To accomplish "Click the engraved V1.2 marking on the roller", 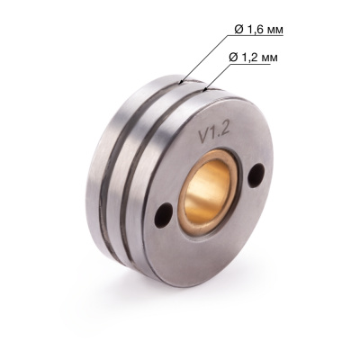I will pyautogui.click(x=212, y=133).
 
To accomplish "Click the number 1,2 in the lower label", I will pyautogui.click(x=258, y=57).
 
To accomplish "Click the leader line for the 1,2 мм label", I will pyautogui.click(x=220, y=76).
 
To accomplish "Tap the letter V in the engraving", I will pyautogui.click(x=202, y=137).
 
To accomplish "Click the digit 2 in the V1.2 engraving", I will pyautogui.click(x=224, y=130).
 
